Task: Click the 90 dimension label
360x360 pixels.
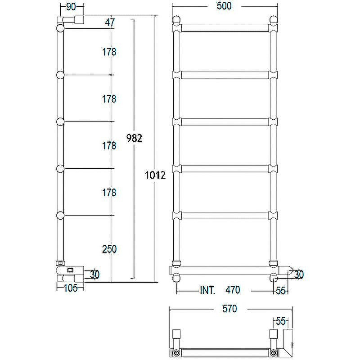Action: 71,7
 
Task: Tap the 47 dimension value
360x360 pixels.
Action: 109,22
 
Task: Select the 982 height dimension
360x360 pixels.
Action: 134,138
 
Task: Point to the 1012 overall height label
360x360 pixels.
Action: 155,175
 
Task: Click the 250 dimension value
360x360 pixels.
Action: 109,249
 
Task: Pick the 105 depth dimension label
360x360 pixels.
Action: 71,288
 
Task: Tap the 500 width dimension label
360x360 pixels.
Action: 224,6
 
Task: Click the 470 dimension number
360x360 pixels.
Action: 233,290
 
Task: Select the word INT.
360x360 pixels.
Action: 207,290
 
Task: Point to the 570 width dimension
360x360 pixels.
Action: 229,309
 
